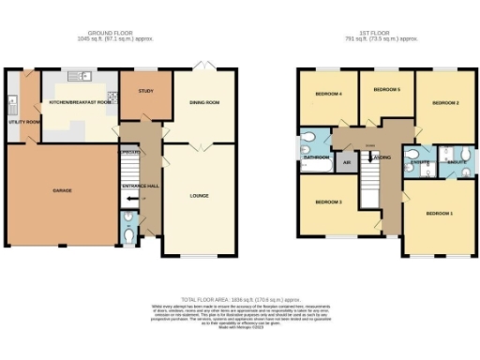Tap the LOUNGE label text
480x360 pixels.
[199, 196]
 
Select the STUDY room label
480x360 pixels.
[144, 91]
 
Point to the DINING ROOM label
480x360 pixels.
[204, 103]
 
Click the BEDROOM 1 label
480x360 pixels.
[440, 214]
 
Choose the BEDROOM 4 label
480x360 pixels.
[327, 94]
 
